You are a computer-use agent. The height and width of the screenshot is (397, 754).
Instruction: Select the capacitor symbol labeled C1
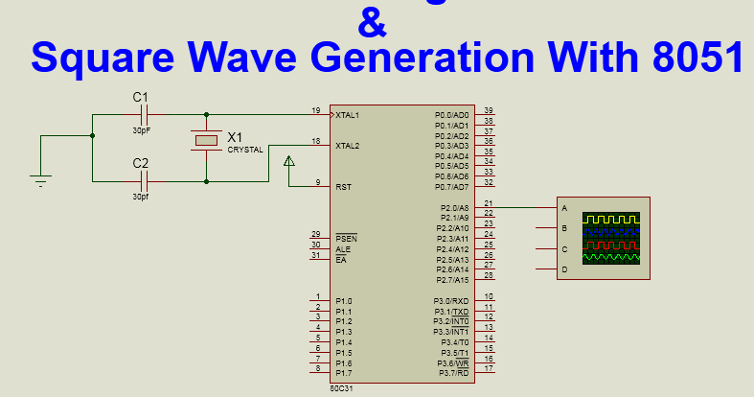point(144,114)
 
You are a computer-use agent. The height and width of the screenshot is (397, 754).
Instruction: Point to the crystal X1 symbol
point(207,142)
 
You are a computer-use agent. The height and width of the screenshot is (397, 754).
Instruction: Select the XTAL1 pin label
point(347,115)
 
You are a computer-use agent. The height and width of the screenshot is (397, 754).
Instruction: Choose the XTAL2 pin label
point(347,146)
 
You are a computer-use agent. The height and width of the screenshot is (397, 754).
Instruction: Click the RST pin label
point(343,187)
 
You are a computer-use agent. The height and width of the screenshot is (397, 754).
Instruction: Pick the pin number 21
point(489,203)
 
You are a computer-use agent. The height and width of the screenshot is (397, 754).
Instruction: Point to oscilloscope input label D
point(564,269)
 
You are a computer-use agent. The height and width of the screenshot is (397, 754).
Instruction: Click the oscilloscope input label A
point(564,208)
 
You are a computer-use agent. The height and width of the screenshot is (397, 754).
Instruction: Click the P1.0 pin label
point(344,301)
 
